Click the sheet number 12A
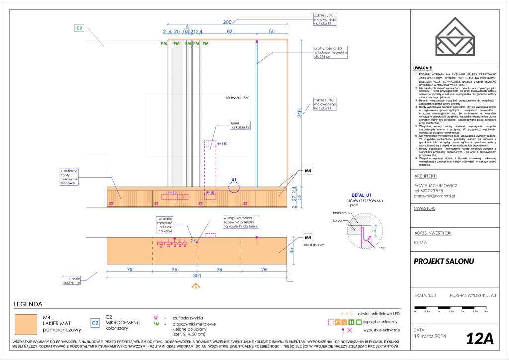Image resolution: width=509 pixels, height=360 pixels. [480, 338]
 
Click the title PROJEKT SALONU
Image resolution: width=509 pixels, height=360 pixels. [444, 261]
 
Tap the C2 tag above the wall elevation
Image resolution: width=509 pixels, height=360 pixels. [79, 28]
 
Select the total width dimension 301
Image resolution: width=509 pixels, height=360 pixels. [197, 276]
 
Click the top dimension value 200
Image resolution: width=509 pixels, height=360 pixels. [227, 23]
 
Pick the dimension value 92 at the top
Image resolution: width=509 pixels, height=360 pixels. [229, 31]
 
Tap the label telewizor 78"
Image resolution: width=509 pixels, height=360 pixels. [236, 98]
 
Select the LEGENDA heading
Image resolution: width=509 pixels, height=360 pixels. [28, 304]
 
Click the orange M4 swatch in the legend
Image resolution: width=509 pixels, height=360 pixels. [26, 324]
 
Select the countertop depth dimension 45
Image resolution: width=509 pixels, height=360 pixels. [299, 250]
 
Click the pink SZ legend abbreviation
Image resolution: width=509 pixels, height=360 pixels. [155, 317]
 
